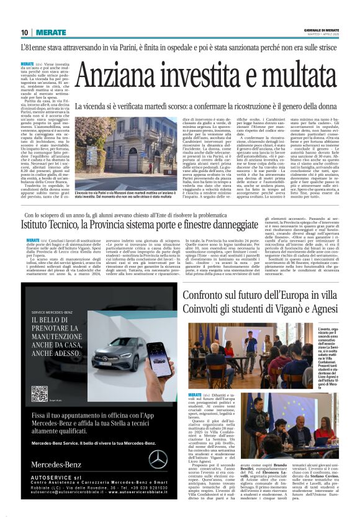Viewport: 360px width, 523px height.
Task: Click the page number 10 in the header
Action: (x=24, y=32)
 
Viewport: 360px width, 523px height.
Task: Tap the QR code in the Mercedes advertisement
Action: (x=40, y=393)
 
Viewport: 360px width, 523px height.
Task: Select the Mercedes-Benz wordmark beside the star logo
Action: (x=56, y=464)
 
